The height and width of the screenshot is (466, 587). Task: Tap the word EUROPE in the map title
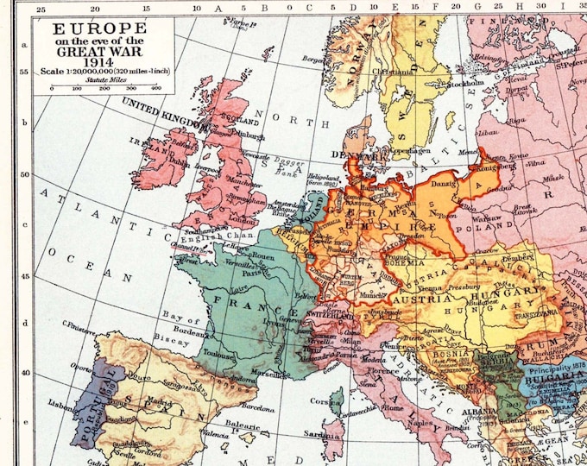102,28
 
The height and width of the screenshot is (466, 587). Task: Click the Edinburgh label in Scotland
228,135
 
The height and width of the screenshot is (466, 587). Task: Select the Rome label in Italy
393,409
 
